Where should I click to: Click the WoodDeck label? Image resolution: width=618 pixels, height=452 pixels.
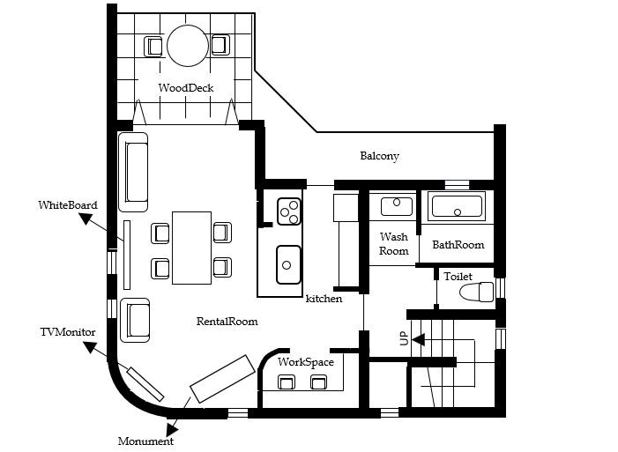[186, 87]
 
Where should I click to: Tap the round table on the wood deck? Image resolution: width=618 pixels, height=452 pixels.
[188, 46]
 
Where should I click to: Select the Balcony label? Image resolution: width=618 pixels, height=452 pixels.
[380, 156]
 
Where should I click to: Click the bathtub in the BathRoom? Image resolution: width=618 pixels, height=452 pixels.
[458, 206]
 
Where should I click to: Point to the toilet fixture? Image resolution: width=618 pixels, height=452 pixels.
[477, 292]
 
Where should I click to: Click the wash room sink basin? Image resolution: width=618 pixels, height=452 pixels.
[397, 206]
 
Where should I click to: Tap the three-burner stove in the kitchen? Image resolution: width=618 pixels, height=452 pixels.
[289, 211]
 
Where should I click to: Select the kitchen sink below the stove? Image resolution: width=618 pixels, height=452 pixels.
[288, 264]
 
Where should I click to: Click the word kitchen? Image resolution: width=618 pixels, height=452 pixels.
[324, 299]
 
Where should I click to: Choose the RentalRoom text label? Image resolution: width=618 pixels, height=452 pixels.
[227, 322]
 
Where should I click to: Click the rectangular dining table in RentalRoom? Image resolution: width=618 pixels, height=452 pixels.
[192, 248]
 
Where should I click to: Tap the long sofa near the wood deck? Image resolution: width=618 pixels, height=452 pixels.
[133, 172]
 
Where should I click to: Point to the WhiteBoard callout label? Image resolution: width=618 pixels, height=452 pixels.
[68, 205]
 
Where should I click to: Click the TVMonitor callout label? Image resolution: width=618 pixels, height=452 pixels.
[68, 332]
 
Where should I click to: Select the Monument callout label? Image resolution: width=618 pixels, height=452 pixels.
[145, 441]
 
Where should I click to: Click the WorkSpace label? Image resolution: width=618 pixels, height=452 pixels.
[306, 362]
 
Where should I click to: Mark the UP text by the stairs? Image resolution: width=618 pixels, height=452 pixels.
[405, 338]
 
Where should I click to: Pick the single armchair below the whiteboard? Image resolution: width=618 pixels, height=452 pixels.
[135, 320]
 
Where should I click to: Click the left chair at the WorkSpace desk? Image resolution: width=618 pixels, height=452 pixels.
[287, 382]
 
